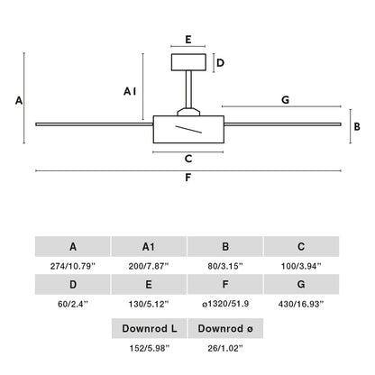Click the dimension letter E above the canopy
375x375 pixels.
(x=188, y=40)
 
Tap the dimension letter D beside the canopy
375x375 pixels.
(x=220, y=63)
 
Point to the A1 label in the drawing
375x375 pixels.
(x=130, y=91)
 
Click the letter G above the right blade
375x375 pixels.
(x=286, y=99)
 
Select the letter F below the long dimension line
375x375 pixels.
(x=187, y=178)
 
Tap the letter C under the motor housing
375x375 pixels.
(x=188, y=159)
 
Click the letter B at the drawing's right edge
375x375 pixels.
(x=357, y=126)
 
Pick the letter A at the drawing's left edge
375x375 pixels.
(x=19, y=100)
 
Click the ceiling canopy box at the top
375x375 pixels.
(x=188, y=62)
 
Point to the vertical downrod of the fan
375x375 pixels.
(x=188, y=89)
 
